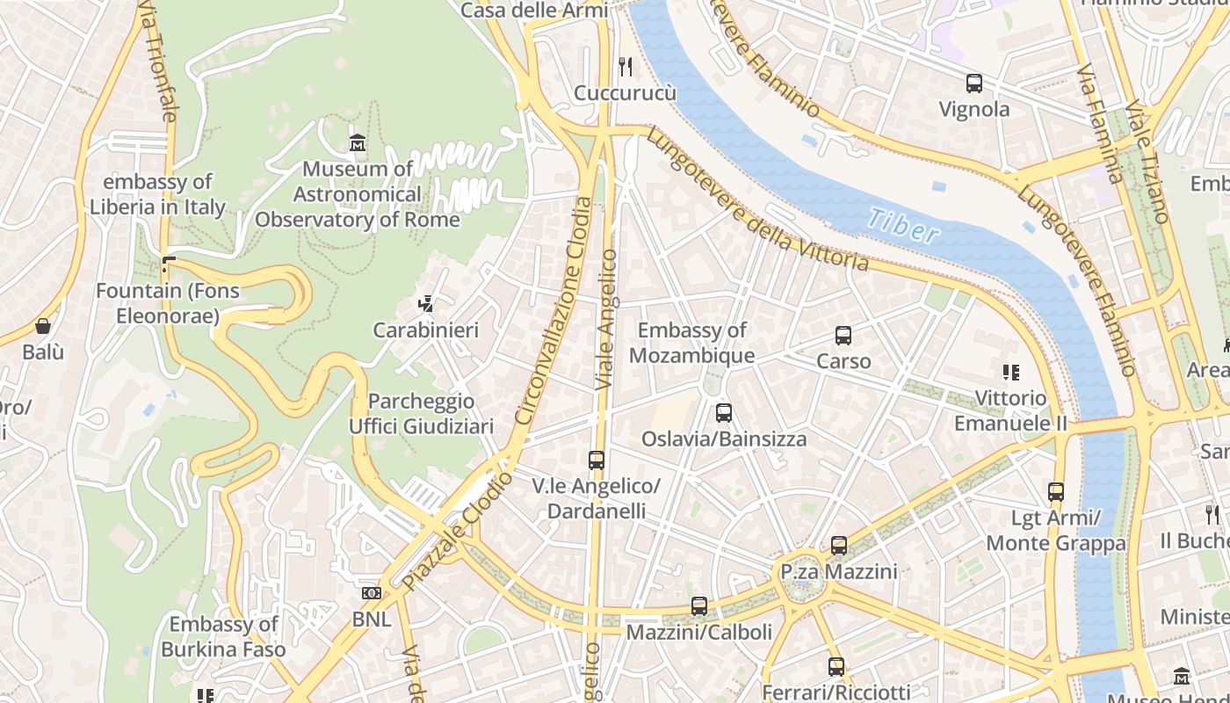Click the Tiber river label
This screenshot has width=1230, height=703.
[902, 226]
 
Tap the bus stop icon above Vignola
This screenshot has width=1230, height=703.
[973, 83]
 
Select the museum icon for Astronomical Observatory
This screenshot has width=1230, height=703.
[358, 142]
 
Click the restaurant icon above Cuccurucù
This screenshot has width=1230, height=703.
[626, 66]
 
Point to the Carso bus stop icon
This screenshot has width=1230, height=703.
[843, 335]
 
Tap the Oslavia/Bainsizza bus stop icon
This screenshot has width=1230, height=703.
[724, 412]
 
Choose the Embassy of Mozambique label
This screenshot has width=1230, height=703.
[691, 343]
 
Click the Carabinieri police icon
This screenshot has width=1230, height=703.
[426, 304]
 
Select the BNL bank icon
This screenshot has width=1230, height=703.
[372, 593]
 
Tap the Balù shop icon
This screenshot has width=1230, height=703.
[43, 326]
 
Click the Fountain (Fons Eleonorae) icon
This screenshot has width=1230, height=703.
[168, 264]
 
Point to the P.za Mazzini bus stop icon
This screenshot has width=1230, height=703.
[839, 546]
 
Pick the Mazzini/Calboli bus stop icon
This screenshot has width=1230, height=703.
[699, 605]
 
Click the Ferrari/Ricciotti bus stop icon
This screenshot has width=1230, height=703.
[836, 666]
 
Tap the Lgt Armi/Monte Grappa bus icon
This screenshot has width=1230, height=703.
[1056, 492]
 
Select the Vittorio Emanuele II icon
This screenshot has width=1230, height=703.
[1011, 372]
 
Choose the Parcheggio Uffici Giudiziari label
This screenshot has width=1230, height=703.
[422, 414]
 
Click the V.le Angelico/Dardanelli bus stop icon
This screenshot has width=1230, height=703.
[597, 460]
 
